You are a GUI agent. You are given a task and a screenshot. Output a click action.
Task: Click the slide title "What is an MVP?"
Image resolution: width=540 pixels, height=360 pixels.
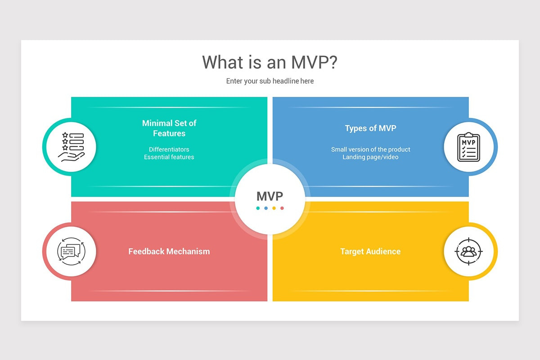(x=270, y=62)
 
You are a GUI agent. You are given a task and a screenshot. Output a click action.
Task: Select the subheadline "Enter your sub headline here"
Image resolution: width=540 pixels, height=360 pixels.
(x=270, y=81)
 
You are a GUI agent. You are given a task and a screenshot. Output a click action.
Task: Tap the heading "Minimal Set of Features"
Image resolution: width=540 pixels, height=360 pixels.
(x=169, y=128)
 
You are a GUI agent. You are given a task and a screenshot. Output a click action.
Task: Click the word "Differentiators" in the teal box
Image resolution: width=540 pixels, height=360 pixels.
(x=169, y=149)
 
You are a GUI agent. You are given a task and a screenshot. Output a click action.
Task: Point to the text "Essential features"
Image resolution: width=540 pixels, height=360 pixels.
(x=169, y=157)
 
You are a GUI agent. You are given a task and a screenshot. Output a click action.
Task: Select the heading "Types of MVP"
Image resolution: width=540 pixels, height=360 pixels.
(x=370, y=128)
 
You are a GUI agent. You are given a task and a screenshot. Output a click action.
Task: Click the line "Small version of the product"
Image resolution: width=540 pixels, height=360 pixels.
(x=370, y=149)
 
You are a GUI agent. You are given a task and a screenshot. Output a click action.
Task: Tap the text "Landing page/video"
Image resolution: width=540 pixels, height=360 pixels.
(x=370, y=157)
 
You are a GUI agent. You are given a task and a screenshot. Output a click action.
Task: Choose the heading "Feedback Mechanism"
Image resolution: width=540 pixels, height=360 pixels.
(x=169, y=252)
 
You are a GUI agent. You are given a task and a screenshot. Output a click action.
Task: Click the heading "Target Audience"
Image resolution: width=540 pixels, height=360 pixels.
(x=370, y=252)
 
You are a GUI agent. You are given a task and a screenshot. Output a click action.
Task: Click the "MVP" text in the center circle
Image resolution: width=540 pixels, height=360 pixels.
(x=270, y=196)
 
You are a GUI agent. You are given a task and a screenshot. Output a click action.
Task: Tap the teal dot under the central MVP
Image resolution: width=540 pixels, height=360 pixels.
(x=258, y=208)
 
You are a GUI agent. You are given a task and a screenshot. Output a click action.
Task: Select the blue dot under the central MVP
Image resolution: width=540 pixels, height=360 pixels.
(x=266, y=208)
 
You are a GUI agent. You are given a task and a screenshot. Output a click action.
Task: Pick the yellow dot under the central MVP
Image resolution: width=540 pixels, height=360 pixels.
(x=274, y=208)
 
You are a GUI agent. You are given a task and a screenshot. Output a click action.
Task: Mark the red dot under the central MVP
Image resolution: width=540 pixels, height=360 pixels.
(x=282, y=208)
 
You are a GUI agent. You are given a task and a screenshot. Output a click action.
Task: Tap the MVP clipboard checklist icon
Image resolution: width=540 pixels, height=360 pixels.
(x=468, y=147)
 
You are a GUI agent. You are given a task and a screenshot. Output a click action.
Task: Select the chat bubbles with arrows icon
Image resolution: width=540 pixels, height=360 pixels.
(x=71, y=251)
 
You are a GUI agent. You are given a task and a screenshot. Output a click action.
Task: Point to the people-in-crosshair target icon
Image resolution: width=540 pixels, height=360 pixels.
(x=468, y=251)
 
